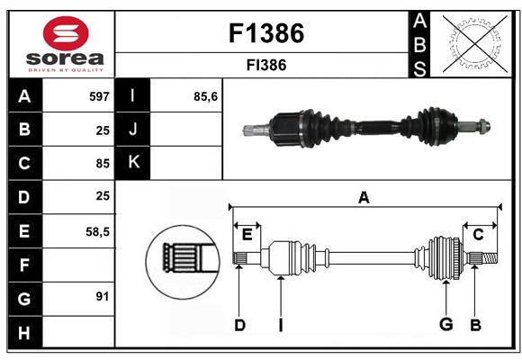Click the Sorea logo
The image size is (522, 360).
point(61,45)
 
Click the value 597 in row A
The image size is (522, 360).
point(98,96)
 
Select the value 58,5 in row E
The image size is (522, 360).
point(97,231)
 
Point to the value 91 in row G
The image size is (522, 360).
point(102,296)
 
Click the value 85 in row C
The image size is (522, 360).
point(102,164)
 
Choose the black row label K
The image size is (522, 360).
point(133,163)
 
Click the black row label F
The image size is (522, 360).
point(23,265)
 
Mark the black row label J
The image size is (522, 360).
point(133,130)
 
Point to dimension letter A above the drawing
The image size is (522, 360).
point(364,197)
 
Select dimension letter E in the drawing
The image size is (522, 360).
point(247,234)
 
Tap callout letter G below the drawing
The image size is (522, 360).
point(445,325)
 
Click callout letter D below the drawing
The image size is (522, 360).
point(239,325)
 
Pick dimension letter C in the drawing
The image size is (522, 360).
point(478,234)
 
